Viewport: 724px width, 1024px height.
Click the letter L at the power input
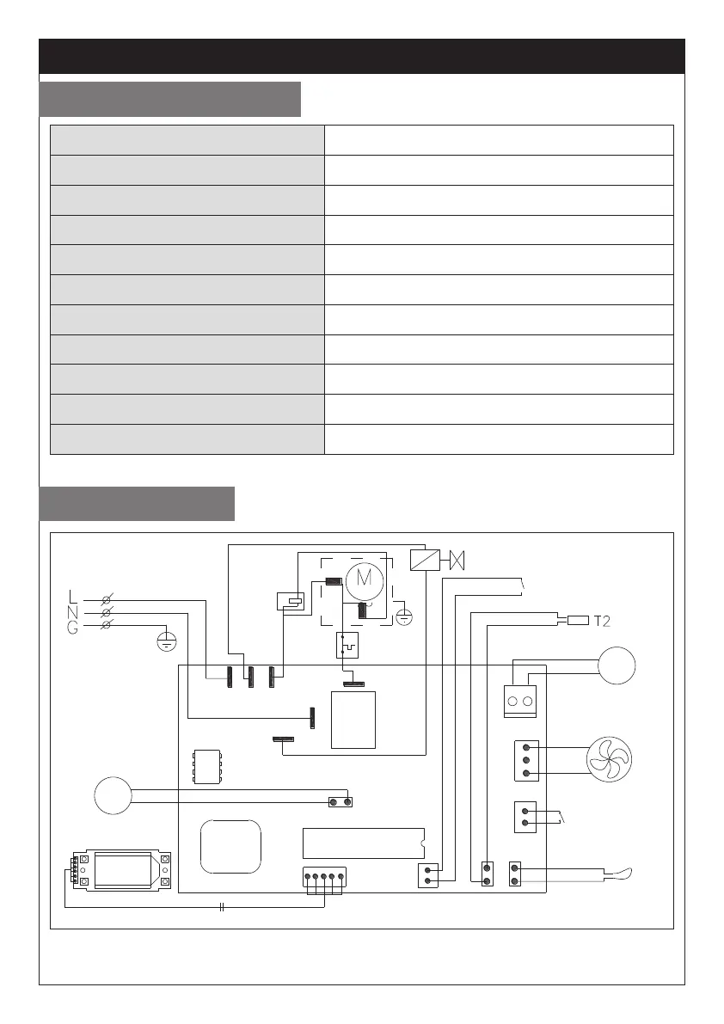(x=73, y=596)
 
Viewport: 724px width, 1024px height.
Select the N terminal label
(x=73, y=611)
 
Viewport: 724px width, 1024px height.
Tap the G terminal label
(x=73, y=627)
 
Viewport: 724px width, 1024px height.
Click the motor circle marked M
(x=364, y=578)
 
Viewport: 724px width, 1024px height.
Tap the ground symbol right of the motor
(x=405, y=615)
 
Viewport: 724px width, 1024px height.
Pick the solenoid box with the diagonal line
(x=422, y=560)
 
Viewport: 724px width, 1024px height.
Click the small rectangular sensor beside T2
(x=577, y=620)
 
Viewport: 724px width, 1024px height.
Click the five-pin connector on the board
(x=324, y=879)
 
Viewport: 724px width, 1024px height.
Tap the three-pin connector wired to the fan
(x=525, y=761)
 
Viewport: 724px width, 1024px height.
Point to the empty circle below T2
(x=617, y=666)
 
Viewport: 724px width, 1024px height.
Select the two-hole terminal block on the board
(x=520, y=700)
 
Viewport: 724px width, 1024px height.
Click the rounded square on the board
(x=230, y=846)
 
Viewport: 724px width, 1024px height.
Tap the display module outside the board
(x=121, y=869)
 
